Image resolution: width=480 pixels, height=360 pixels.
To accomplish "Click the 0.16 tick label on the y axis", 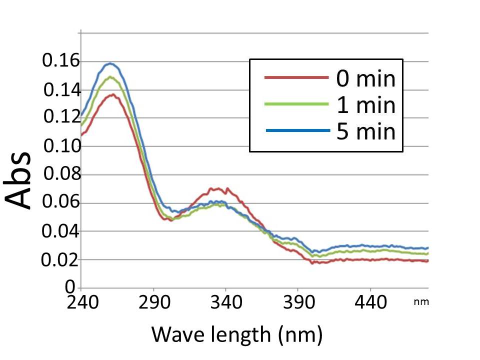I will coord(60,61).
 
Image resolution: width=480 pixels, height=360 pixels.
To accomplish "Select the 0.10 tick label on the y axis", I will coord(60,147).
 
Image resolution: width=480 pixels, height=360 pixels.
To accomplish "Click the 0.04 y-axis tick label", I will coord(60,231).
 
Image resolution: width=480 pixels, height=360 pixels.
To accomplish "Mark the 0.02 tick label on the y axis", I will coord(60,260).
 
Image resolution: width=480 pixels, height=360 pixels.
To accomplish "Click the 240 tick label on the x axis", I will coord(81,302).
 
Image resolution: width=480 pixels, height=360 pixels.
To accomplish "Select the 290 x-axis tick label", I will coord(153,302).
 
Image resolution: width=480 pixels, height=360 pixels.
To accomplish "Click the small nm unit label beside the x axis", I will coord(421,302).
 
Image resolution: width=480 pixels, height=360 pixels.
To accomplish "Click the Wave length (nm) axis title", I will coord(236,333).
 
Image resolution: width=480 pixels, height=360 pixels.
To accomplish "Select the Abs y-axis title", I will coord(20,180).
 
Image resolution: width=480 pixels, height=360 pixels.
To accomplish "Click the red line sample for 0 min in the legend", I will coord(296,78).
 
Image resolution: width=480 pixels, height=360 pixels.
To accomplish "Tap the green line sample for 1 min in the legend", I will coord(296,104).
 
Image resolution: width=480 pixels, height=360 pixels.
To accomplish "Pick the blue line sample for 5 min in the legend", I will coord(296,130).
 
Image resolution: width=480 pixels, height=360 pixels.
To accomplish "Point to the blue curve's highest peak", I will coord(109,63).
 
